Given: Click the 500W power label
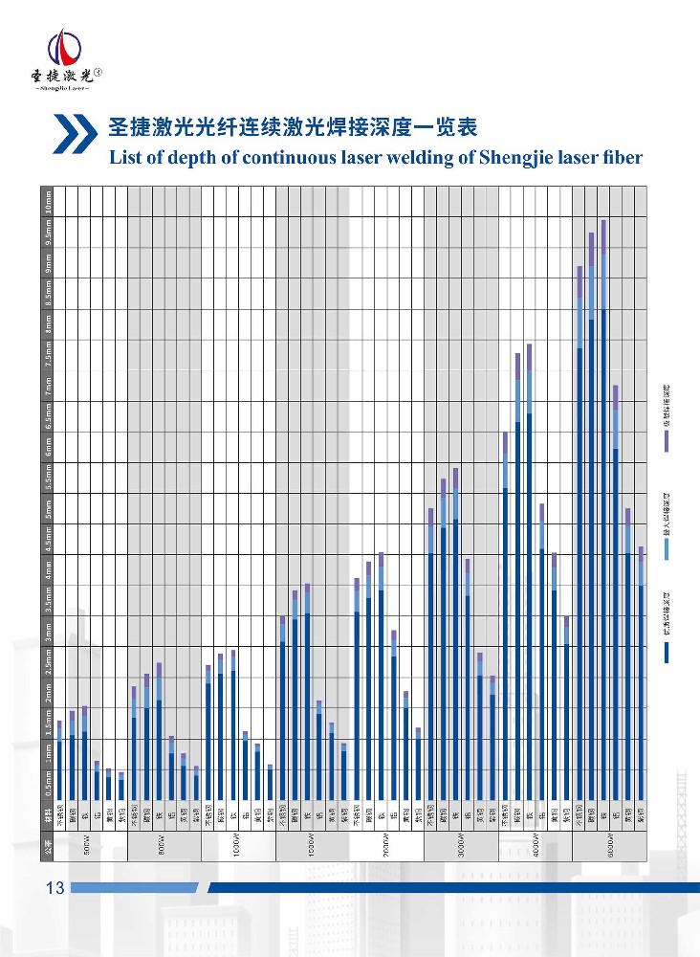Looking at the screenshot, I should tap(87, 847).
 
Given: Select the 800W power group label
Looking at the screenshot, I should tap(162, 847).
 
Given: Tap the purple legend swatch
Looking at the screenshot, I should tap(667, 440).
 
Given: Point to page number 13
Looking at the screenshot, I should tap(55, 888).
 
